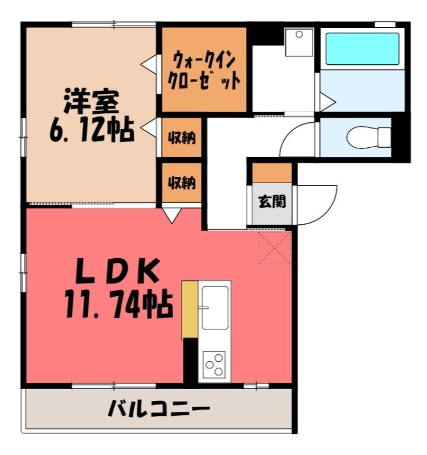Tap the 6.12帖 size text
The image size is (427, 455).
[x=91, y=131]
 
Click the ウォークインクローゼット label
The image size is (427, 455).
[x=204, y=69]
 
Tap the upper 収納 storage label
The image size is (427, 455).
[x=182, y=138]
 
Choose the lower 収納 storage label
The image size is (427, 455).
[x=182, y=183]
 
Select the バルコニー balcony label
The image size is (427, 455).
[x=160, y=409]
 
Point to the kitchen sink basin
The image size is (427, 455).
[x=214, y=308]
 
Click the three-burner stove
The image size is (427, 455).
[x=214, y=363]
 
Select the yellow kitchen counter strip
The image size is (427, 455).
[x=189, y=310]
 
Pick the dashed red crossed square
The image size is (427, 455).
[x=274, y=247]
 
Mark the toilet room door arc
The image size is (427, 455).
[x=295, y=139]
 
